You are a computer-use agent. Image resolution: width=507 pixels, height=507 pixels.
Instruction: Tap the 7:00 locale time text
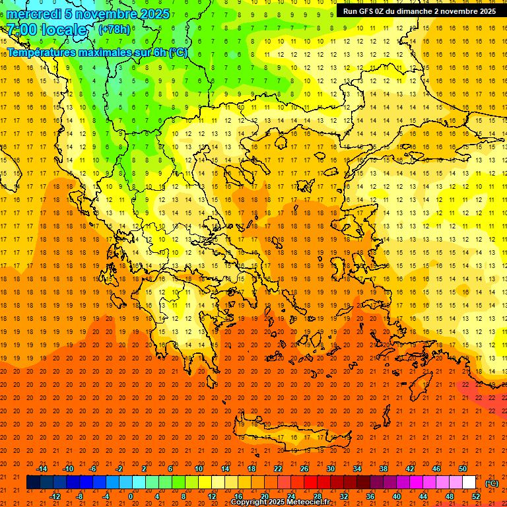46,30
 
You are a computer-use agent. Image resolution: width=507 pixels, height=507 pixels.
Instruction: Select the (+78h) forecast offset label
114,30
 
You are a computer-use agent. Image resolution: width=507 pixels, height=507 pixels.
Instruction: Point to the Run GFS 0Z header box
420,11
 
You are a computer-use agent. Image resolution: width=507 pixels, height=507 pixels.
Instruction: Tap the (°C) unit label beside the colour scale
492,483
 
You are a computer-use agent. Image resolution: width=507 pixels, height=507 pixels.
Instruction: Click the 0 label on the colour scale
130,496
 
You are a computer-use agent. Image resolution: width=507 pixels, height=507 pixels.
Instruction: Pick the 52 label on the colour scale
475,496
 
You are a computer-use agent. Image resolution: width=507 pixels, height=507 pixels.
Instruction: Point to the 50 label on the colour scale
463,469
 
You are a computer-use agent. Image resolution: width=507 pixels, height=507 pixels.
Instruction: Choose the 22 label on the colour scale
278,469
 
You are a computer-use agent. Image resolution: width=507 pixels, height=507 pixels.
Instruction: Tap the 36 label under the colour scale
370,496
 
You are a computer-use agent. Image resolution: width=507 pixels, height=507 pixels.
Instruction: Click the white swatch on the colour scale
469,483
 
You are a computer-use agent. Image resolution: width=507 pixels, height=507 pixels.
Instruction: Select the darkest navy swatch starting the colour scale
33,483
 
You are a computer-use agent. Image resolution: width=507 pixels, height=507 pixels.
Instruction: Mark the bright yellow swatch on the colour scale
205,483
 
